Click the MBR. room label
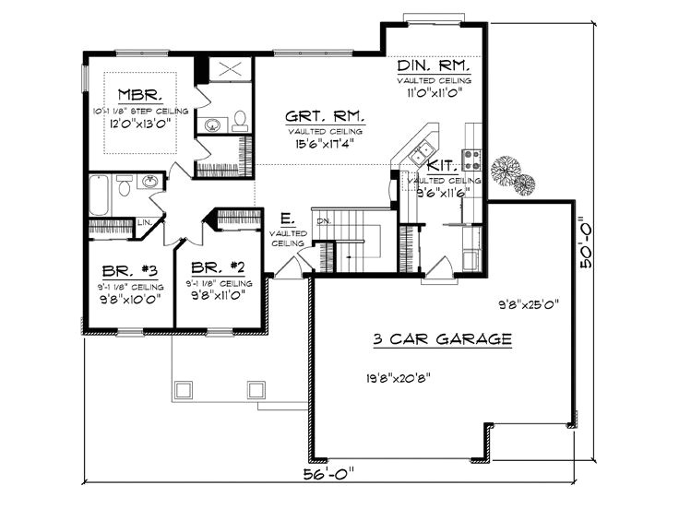(x=142, y=94)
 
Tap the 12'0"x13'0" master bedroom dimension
(x=140, y=124)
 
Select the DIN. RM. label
(x=435, y=67)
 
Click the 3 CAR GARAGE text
(x=443, y=340)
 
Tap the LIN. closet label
(x=145, y=223)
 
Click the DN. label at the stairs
(x=323, y=221)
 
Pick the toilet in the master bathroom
(x=239, y=121)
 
